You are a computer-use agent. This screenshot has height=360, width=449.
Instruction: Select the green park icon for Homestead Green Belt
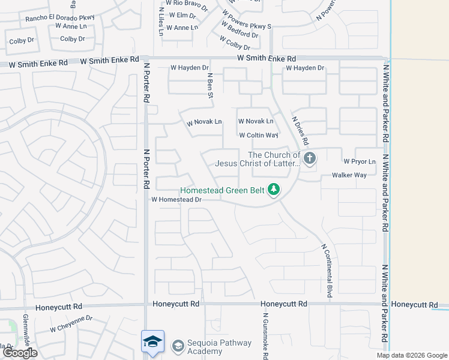coord(274,190)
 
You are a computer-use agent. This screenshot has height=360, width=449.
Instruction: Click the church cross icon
coord(310,159)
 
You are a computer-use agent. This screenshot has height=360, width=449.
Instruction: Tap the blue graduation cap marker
coord(153,341)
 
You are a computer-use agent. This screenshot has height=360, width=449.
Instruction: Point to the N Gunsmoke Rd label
coord(265,336)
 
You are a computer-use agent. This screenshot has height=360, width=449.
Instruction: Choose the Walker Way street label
coord(349,175)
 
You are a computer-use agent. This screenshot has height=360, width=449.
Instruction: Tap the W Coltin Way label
coord(258,136)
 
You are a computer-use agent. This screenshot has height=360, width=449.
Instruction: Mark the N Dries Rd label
coord(300,131)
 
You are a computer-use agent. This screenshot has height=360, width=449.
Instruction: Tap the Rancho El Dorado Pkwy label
coord(60,18)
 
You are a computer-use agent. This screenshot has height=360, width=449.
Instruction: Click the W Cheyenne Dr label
coord(71,324)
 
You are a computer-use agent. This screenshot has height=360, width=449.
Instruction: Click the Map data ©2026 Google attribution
coord(412,355)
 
